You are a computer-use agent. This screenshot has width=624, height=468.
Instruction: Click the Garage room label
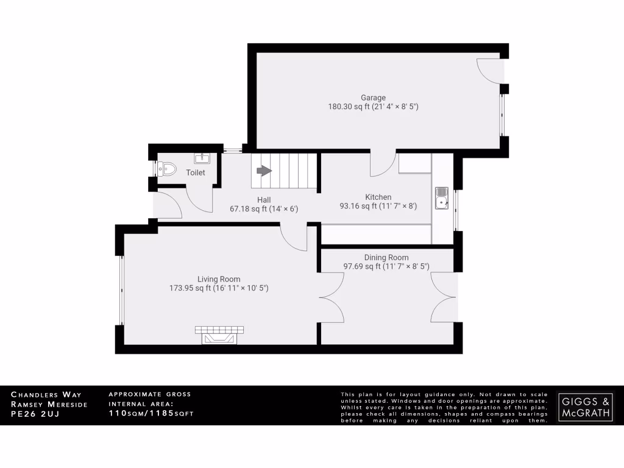[x=373, y=97]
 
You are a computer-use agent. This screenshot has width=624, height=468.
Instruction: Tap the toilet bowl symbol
[x=165, y=168]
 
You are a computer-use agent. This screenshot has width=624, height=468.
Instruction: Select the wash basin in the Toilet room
[x=202, y=159]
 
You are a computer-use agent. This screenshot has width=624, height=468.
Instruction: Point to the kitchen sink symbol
[x=441, y=198]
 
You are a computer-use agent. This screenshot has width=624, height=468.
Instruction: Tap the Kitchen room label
[x=378, y=197]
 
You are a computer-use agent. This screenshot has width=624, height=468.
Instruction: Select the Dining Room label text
[x=386, y=257]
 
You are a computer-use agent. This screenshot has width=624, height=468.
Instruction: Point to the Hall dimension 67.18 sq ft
[x=249, y=209]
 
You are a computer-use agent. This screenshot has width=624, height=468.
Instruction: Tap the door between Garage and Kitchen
[x=383, y=163]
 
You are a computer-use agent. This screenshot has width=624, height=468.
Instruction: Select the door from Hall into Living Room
[x=294, y=238]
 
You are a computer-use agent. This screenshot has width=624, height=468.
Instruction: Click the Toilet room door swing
[x=199, y=200]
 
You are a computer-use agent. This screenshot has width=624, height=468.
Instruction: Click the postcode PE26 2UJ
[x=38, y=414]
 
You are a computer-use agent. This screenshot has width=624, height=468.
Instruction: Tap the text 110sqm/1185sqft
[x=151, y=414]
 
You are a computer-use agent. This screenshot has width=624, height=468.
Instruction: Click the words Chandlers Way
[x=46, y=395]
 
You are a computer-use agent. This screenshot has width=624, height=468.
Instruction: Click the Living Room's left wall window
[x=121, y=290]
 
